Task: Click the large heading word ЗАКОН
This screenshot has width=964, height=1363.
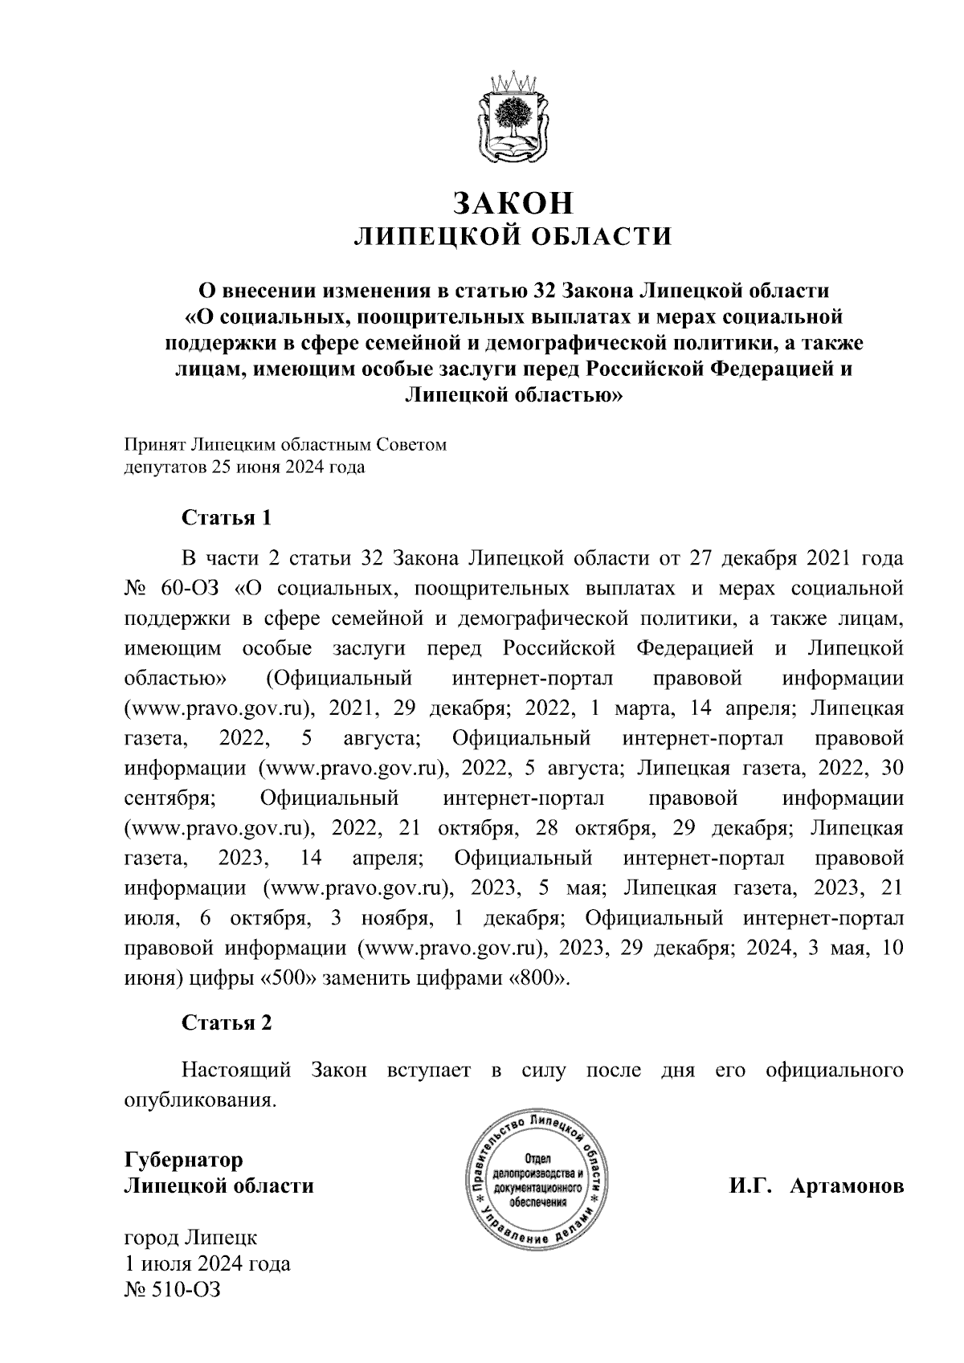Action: (513, 204)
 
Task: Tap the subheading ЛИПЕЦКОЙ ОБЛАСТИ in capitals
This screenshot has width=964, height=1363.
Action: (513, 237)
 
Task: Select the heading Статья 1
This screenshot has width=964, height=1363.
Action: (227, 517)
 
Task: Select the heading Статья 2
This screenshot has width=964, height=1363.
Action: (227, 1023)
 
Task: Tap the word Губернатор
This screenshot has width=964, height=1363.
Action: (183, 1160)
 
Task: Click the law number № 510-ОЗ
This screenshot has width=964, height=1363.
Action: (172, 1289)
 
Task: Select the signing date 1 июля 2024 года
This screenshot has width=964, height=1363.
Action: (207, 1263)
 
